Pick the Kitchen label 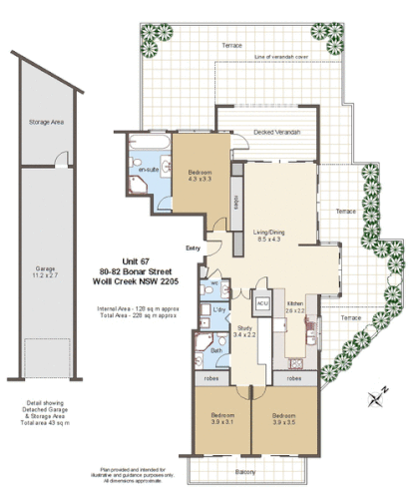[x=296, y=305]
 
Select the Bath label [x=215, y=350]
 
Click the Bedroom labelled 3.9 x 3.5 [x=284, y=419]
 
